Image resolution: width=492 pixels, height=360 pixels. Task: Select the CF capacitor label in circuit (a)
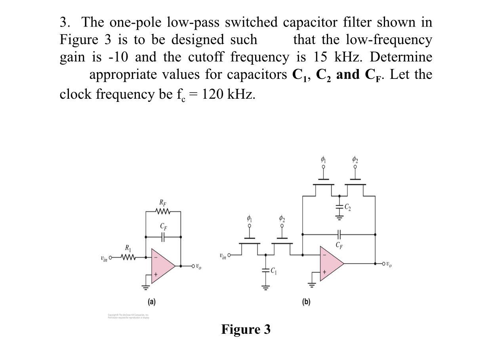pos(163,227)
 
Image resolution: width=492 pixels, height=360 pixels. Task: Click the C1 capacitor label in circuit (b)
pos(273,271)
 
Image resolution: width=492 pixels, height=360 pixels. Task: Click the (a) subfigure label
pos(151,302)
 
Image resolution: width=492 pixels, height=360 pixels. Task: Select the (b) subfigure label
pos(306,302)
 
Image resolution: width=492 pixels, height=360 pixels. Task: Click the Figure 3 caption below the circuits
pos(246,329)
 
